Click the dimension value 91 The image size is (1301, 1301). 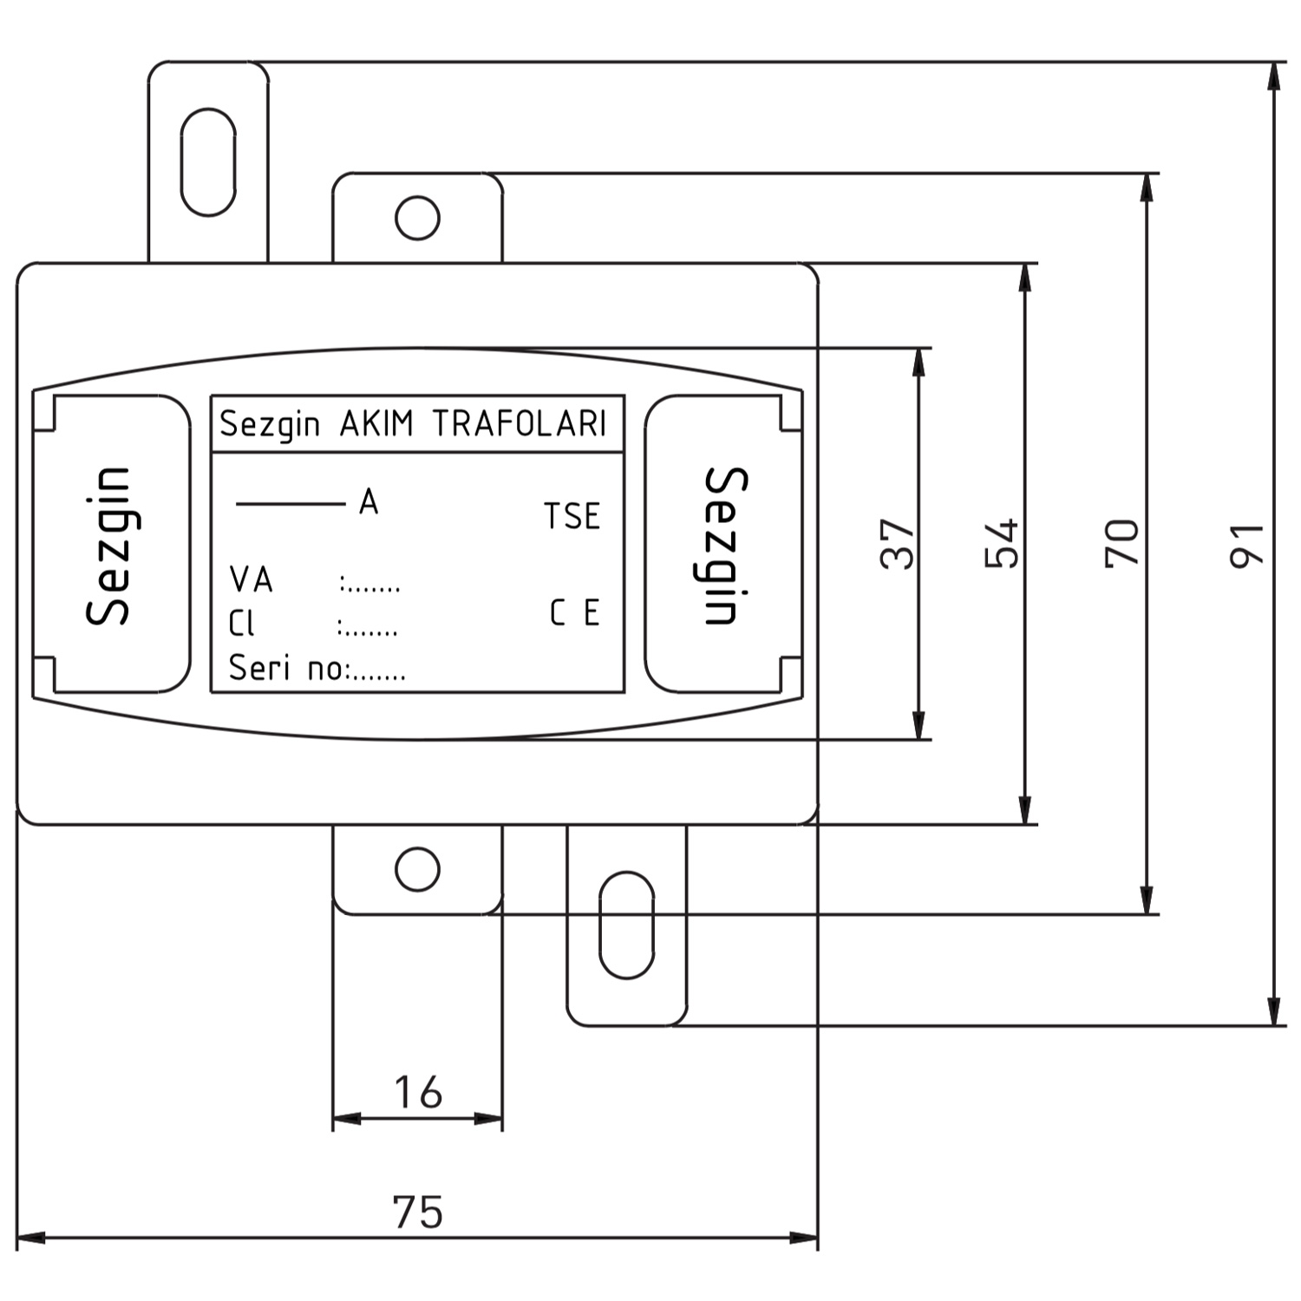[x=1247, y=545]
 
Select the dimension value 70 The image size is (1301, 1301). [x=1121, y=543]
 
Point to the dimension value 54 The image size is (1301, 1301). [x=1002, y=544]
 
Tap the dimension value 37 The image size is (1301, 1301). [x=898, y=544]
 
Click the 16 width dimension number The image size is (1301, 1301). [x=418, y=1092]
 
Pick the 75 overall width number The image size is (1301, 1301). [x=418, y=1212]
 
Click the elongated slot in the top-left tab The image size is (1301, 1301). [x=208, y=162]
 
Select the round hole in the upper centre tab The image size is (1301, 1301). [x=417, y=218]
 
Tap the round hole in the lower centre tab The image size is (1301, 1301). [x=417, y=869]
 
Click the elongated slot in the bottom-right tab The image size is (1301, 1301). [x=626, y=925]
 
